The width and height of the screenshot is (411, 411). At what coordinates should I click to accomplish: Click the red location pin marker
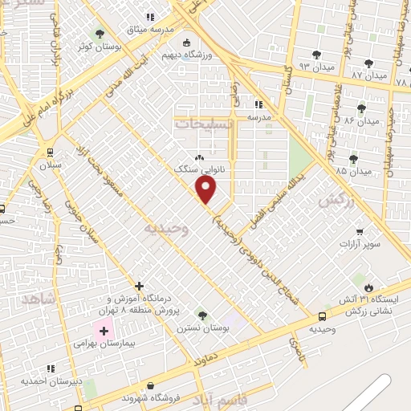click(x=206, y=190)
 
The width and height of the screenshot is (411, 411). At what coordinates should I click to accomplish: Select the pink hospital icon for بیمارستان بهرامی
click(x=103, y=330)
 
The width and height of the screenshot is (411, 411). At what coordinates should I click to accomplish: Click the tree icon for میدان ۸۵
click(x=354, y=159)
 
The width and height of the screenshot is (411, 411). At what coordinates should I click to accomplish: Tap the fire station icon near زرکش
click(x=368, y=287)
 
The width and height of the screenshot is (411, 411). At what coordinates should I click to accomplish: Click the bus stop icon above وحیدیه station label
click(x=322, y=316)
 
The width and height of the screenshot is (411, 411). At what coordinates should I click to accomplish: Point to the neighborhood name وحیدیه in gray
click(x=165, y=229)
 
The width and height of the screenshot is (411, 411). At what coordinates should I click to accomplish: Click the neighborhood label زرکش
click(x=336, y=201)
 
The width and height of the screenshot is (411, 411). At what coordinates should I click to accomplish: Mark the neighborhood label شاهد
click(x=39, y=299)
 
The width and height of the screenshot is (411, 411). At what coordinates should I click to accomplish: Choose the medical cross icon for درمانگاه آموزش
click(x=140, y=286)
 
